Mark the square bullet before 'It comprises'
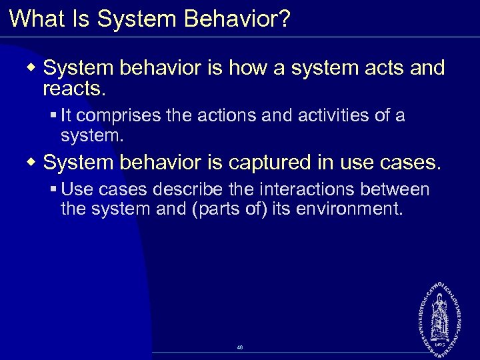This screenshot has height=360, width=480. (x=53, y=116)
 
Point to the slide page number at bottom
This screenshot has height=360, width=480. (x=240, y=348)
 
